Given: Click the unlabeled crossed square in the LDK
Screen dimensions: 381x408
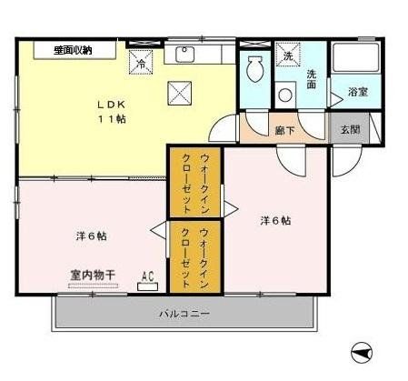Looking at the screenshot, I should [179, 91].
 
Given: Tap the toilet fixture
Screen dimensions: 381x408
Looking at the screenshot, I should [254, 69].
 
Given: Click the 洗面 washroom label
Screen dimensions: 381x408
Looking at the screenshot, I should [312, 79].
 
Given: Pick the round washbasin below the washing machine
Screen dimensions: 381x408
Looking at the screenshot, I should [287, 93].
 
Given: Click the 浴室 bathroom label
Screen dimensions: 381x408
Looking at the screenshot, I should [357, 93].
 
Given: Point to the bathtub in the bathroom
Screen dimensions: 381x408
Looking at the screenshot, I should [354, 59].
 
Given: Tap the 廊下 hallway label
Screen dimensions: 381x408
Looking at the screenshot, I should [284, 130].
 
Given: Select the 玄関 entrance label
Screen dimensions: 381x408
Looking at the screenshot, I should [351, 129].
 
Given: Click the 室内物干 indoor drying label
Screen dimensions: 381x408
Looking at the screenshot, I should [92, 274].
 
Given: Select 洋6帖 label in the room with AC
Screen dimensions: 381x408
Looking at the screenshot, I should [91, 236].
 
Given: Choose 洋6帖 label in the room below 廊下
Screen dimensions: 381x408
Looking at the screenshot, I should [276, 219].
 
